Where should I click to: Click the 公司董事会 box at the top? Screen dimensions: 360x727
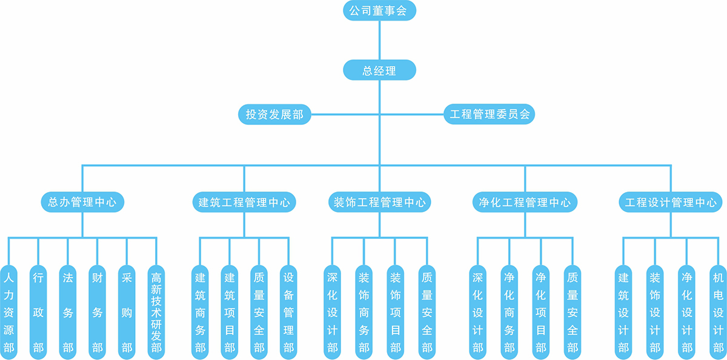tap(379, 11)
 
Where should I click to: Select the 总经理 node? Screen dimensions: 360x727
tap(379, 70)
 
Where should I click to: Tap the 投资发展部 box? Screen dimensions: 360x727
tap(274, 114)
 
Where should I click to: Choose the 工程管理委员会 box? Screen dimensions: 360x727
tap(489, 114)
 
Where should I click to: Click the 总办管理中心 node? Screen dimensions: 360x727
tap(82, 202)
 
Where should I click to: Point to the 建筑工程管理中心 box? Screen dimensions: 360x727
tap(244, 202)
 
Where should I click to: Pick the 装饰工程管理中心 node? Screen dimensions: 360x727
tap(380, 202)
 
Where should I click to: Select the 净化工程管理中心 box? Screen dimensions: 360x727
tap(525, 202)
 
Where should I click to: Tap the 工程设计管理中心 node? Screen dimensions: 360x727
tap(671, 202)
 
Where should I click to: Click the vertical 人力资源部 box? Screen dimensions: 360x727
tap(8, 312)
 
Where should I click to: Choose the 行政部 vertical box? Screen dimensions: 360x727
tap(38, 312)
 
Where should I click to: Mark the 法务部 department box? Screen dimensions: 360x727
tap(68, 312)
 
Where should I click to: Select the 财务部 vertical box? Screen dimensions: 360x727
tap(97, 312)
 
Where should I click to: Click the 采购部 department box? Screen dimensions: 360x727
tap(127, 312)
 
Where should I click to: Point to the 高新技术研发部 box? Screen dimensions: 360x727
tap(156, 312)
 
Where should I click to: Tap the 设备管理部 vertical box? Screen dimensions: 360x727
tap(289, 312)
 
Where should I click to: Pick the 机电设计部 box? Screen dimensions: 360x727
tap(718, 312)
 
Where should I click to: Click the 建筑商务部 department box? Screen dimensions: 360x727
tap(200, 312)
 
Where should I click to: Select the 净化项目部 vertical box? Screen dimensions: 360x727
tap(541, 312)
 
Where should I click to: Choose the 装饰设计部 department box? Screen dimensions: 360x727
tap(655, 312)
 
